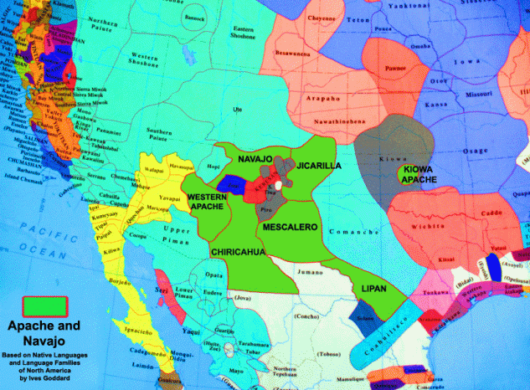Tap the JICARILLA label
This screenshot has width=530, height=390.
tap(319, 166)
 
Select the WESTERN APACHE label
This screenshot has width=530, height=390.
tap(207, 202)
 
